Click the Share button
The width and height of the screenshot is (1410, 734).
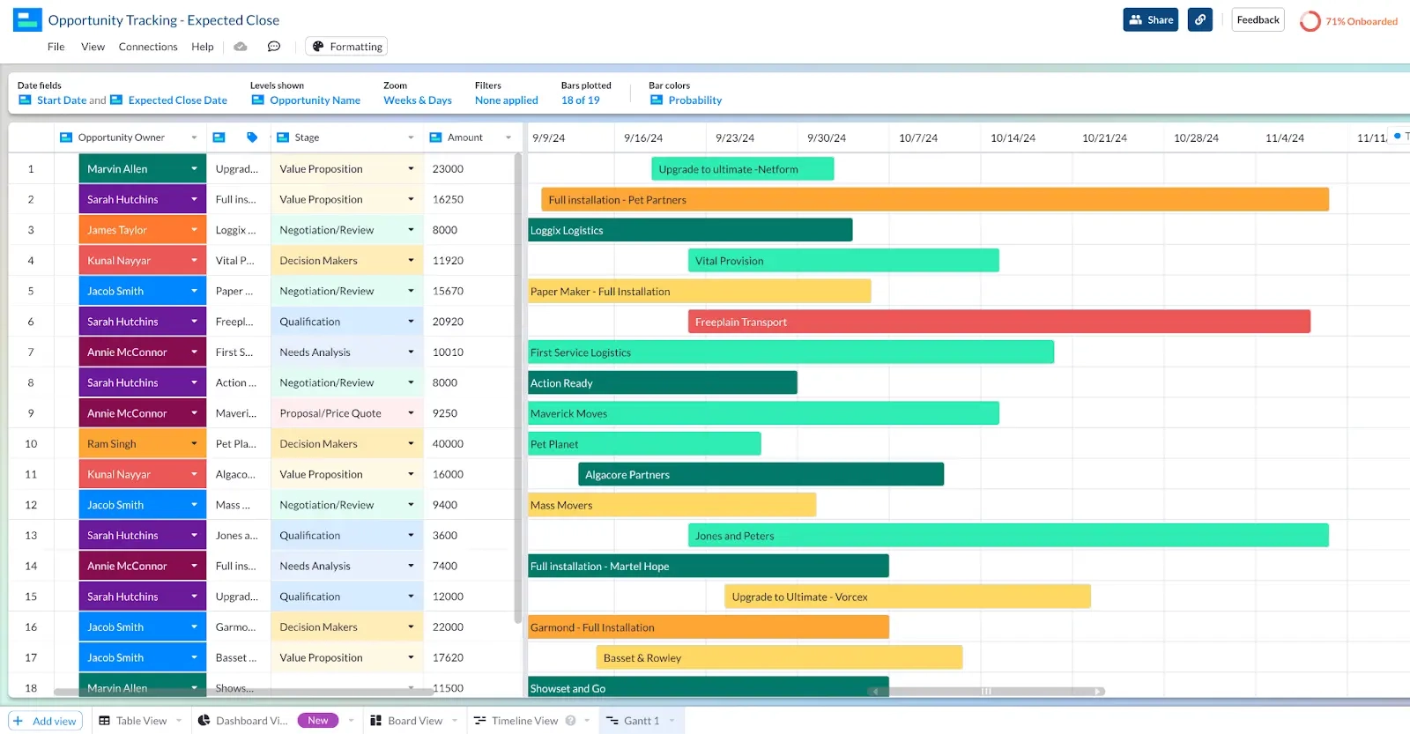pyautogui.click(x=1150, y=19)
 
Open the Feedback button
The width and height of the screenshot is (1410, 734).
pyautogui.click(x=1258, y=19)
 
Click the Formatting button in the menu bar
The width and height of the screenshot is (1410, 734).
pyautogui.click(x=346, y=47)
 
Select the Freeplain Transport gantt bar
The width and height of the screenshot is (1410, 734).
pyautogui.click(x=998, y=322)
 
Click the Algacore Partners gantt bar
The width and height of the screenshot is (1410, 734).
pyautogui.click(x=761, y=474)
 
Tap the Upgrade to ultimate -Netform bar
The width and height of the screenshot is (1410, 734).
pyautogui.click(x=742, y=169)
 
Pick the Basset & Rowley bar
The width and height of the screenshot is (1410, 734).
pyautogui.click(x=779, y=657)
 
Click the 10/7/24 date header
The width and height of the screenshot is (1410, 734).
pyautogui.click(x=918, y=137)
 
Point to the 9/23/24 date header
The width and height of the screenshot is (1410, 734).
pyautogui.click(x=735, y=137)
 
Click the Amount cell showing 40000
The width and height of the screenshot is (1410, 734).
pyautogui.click(x=449, y=444)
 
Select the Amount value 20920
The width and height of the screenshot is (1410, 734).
pyautogui.click(x=449, y=322)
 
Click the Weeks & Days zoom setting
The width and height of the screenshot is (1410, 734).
pyautogui.click(x=418, y=100)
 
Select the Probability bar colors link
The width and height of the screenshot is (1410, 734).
pyautogui.click(x=694, y=100)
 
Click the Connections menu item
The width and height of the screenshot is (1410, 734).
pyautogui.click(x=148, y=47)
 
